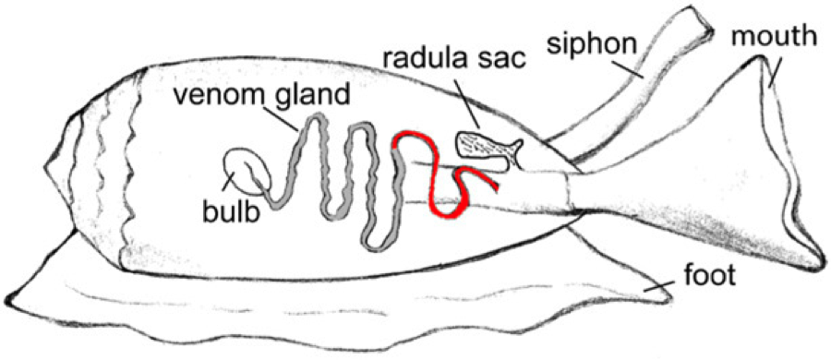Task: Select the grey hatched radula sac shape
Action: click(480, 146)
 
